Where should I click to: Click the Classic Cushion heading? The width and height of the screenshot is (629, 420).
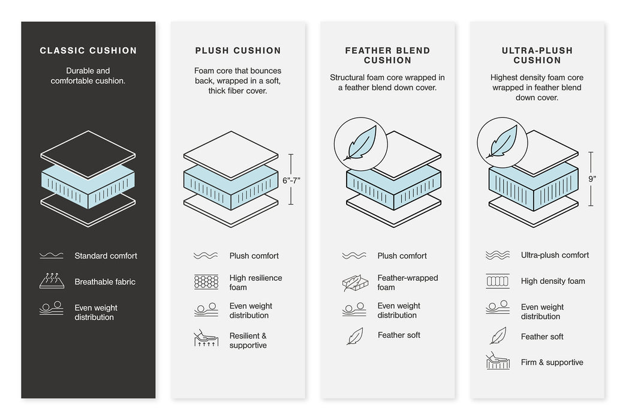[x=88, y=51]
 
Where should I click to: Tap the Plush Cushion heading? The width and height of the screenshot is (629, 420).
[x=237, y=51]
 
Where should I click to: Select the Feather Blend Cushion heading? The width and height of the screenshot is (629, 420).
[x=387, y=55]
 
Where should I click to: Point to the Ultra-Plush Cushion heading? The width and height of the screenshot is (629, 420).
[x=537, y=55]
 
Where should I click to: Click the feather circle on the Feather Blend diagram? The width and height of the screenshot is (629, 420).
[x=360, y=143]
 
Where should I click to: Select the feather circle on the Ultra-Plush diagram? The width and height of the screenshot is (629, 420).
[x=502, y=142]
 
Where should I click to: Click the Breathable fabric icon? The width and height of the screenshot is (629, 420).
[x=52, y=281]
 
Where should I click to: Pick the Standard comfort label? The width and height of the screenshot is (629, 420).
[x=106, y=256]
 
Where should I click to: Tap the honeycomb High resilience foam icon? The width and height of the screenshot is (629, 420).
[x=206, y=282]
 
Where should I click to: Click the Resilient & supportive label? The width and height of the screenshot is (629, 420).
[x=248, y=341]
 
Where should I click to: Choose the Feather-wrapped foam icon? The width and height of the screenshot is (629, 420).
[x=354, y=283]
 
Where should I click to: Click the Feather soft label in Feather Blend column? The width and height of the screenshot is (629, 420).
[x=399, y=335]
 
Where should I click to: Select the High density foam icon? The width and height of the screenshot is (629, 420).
[x=498, y=281]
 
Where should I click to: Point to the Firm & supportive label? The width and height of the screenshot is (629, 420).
[x=552, y=362]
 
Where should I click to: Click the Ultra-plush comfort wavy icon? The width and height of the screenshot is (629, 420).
[x=498, y=256]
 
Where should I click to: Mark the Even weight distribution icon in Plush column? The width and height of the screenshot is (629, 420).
[x=206, y=310]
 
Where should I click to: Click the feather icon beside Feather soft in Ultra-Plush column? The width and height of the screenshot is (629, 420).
[x=498, y=336]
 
